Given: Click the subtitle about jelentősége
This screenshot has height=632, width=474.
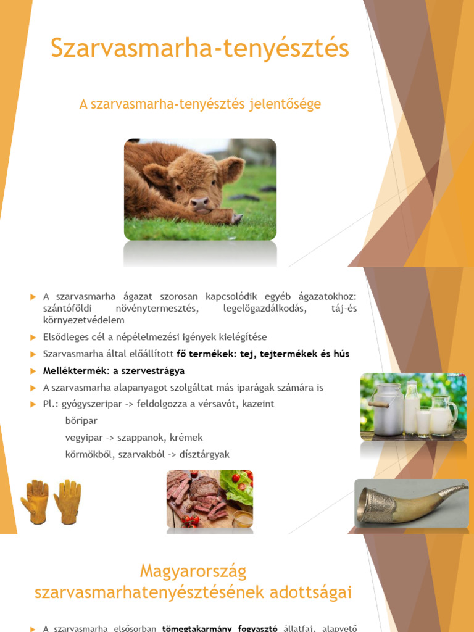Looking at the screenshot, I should click(x=200, y=104).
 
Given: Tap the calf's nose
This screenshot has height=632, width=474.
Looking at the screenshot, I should click(x=199, y=204).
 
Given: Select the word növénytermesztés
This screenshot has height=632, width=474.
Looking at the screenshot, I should click(x=152, y=309).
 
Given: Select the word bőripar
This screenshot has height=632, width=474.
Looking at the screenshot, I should click(x=81, y=421).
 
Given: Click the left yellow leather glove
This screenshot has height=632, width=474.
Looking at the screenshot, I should click(x=35, y=501).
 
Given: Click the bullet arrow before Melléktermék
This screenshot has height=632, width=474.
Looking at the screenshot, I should click(x=34, y=371).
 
